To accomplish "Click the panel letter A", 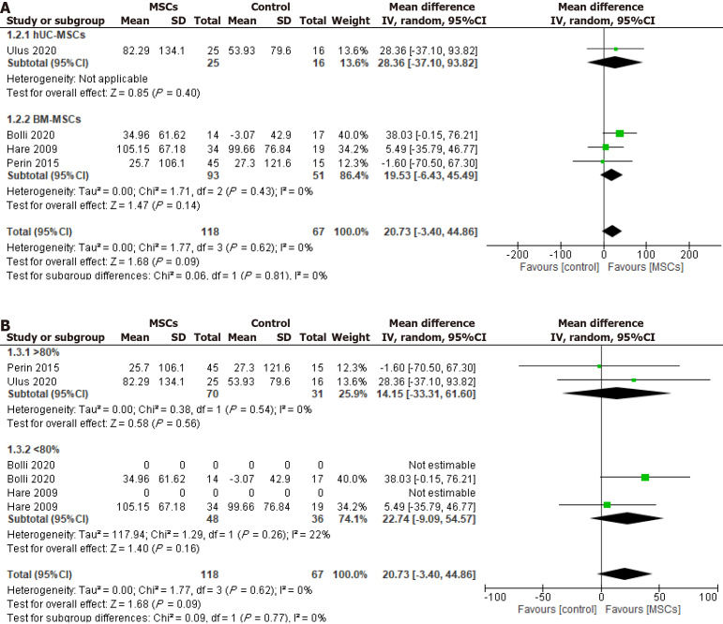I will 8,8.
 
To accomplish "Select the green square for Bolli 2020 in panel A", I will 619,134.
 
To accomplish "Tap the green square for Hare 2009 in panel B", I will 607,505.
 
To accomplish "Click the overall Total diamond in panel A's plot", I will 612,230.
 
